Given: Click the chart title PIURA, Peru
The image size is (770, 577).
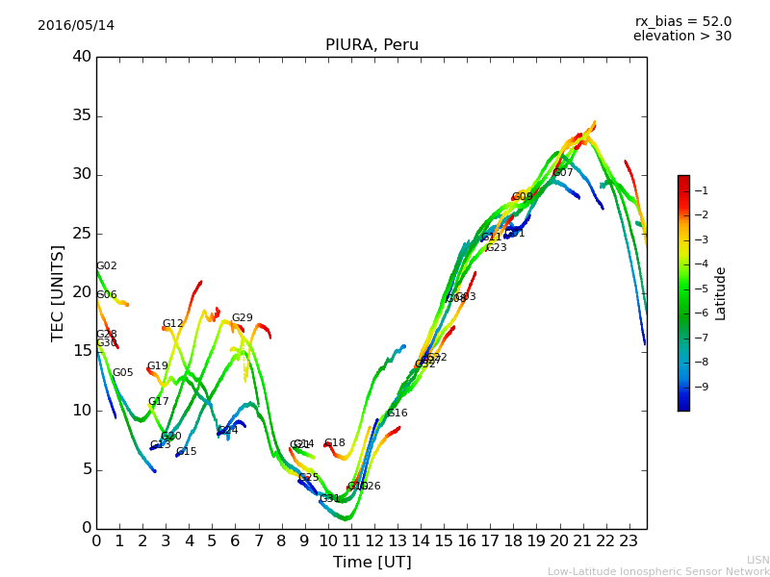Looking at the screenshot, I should [372, 45].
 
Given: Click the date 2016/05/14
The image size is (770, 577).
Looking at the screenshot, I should [76, 26].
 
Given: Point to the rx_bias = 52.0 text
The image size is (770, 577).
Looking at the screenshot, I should [682, 21].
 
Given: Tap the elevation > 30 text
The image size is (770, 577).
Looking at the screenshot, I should [681, 37].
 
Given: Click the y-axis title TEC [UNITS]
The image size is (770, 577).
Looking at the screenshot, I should [58, 293].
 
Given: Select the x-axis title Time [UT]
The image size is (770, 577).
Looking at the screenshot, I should [372, 562].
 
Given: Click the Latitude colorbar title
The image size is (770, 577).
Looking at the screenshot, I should [720, 293].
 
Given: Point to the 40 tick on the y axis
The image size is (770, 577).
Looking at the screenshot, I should [81, 57].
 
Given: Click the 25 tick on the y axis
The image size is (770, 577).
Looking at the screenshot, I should [81, 234].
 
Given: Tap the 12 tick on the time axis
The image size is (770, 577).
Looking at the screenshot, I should [374, 540].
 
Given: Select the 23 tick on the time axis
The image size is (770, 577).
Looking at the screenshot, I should [629, 540].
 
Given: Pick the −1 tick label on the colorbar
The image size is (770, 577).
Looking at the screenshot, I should [700, 190].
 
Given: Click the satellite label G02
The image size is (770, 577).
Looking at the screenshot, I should [107, 266].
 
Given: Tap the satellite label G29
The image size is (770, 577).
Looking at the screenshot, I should [243, 318].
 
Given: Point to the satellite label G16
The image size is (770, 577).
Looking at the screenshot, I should [398, 414].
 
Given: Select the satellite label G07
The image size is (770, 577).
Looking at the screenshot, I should [563, 173].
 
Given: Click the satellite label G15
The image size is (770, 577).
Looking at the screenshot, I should [187, 452].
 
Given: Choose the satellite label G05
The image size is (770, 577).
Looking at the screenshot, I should [123, 373].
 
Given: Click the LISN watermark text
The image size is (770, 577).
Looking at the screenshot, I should [757, 560].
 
